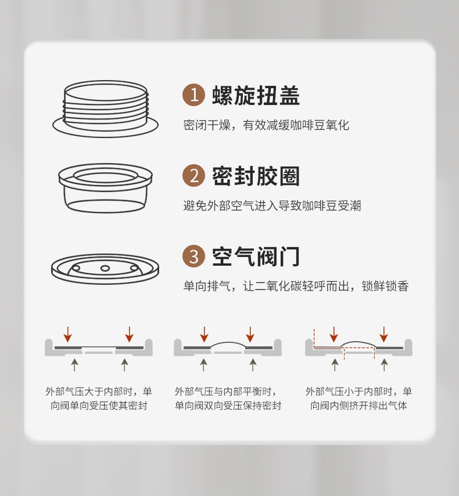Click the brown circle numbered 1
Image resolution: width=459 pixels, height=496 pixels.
[x=194, y=95]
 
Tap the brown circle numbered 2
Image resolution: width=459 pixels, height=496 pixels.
[x=194, y=175]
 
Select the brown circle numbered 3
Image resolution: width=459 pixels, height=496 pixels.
[x=194, y=256]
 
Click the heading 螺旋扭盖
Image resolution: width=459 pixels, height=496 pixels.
[x=256, y=95]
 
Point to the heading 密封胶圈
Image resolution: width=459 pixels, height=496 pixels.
[x=256, y=176]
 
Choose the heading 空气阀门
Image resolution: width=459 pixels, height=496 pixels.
[x=256, y=256]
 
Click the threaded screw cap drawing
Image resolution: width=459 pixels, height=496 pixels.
[x=106, y=108]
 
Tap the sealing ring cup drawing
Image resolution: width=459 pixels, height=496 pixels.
[x=106, y=188]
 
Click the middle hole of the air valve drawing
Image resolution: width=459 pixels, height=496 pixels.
[x=105, y=269]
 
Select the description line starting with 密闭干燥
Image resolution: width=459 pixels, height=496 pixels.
[x=266, y=125]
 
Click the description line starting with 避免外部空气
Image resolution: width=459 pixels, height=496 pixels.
[x=272, y=205]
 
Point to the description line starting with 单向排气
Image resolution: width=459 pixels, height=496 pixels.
[x=296, y=286]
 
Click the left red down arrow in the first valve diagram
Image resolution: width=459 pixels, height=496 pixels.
[x=68, y=334]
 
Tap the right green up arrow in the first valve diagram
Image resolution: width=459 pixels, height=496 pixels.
[x=124, y=365]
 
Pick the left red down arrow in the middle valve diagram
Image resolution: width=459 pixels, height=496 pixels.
[x=205, y=334]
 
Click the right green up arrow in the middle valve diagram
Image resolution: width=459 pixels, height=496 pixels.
[x=253, y=365]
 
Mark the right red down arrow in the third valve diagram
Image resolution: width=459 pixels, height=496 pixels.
[x=384, y=334]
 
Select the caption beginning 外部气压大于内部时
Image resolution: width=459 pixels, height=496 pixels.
[x=99, y=399]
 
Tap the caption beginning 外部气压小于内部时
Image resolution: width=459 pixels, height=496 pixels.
[x=358, y=399]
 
